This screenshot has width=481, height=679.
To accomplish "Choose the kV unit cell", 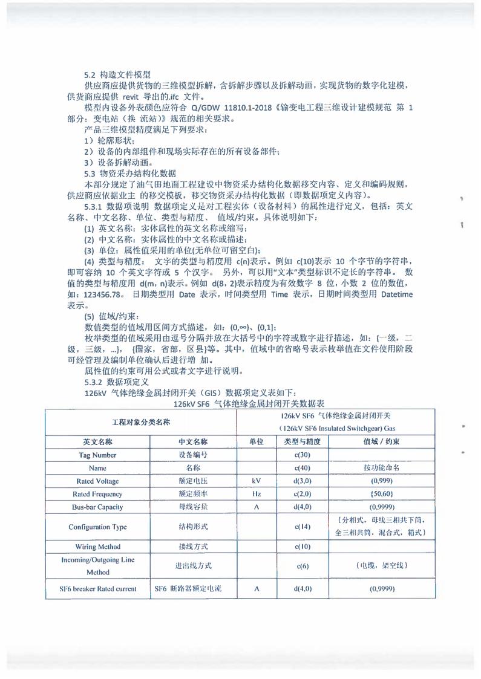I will click(x=256, y=481).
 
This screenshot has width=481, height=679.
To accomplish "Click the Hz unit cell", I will click(x=256, y=494).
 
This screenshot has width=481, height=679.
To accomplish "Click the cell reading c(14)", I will click(x=302, y=527).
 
